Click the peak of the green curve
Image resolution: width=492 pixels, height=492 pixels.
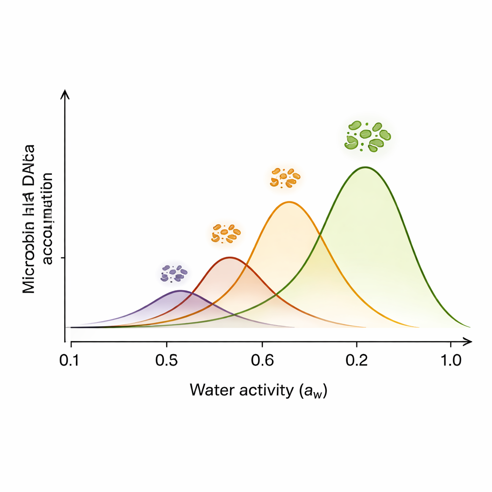[x=366, y=167]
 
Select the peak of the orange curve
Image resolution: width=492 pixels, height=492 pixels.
[x=289, y=202]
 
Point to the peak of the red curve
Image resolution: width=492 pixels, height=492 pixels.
[x=231, y=258]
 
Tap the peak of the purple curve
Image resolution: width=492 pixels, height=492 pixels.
[x=180, y=291]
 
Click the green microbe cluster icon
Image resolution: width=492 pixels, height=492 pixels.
[x=368, y=135]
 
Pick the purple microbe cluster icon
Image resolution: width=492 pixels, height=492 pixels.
[x=173, y=273]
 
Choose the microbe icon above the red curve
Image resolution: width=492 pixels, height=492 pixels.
[x=225, y=233]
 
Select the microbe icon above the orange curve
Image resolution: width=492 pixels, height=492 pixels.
[x=285, y=177]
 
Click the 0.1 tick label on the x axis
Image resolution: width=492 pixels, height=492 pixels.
[x=71, y=360]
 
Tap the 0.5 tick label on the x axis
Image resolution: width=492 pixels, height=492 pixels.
[x=167, y=360]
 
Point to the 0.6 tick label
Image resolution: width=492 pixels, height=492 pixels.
[x=262, y=360]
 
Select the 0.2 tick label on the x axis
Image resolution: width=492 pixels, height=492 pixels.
[x=357, y=360]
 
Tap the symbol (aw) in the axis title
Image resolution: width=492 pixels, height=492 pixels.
[x=312, y=391]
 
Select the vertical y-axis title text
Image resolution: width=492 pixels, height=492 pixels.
[x=38, y=219]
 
